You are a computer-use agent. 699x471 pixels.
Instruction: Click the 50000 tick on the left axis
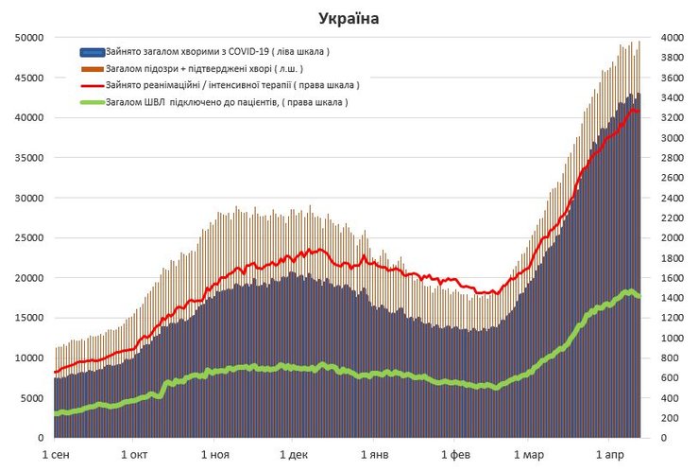point(28,38)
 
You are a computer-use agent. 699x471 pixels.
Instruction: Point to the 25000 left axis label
point(28,238)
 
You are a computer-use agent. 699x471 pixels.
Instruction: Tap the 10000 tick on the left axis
point(28,358)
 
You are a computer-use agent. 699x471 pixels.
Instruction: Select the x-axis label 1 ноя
point(216,456)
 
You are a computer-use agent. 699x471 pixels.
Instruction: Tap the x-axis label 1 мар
point(535,456)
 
